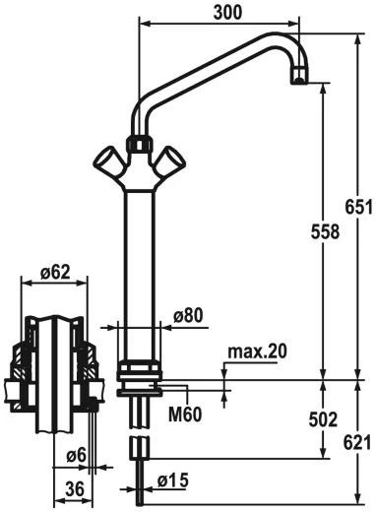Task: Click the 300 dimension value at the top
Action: pos(228,11)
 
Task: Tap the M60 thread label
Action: pos(184,414)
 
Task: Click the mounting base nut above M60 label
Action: pos(140,372)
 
